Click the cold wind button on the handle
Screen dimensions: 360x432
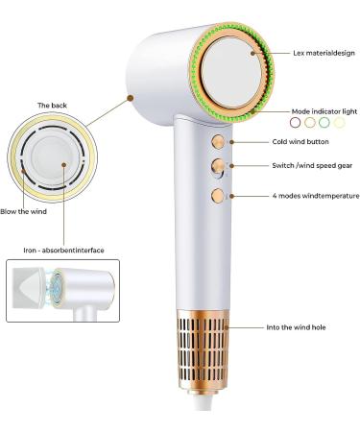pyautogui.click(x=220, y=142)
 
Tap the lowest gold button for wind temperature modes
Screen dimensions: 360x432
pyautogui.click(x=220, y=196)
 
